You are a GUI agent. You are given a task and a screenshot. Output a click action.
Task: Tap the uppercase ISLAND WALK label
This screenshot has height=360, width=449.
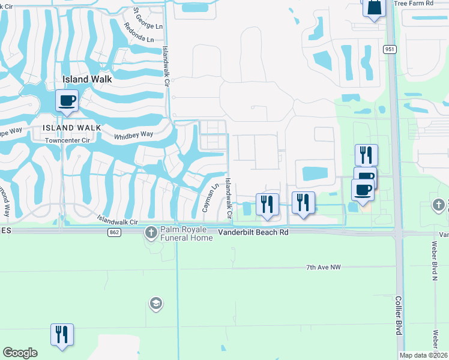(67, 128)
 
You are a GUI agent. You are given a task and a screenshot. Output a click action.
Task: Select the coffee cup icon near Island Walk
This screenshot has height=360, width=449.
(67, 100)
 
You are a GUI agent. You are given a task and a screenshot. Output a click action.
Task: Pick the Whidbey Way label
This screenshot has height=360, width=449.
(134, 136)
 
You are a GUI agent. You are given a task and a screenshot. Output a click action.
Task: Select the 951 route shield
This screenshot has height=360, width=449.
(390, 49)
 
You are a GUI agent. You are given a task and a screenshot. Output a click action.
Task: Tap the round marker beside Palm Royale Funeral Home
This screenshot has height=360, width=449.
(151, 232)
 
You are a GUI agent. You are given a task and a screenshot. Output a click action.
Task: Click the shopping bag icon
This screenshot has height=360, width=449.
(373, 8)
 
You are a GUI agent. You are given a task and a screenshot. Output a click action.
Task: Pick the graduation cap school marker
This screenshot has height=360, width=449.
(155, 304)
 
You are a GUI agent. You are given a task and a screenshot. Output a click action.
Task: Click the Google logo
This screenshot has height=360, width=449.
(20, 353)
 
